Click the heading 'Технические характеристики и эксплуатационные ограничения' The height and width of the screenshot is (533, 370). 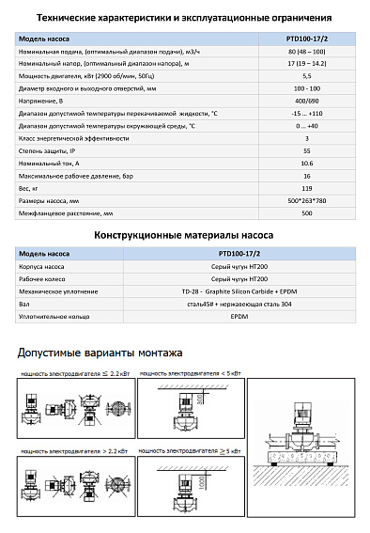click(x=184, y=17)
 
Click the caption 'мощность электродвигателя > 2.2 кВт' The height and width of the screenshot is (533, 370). click(x=67, y=452)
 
